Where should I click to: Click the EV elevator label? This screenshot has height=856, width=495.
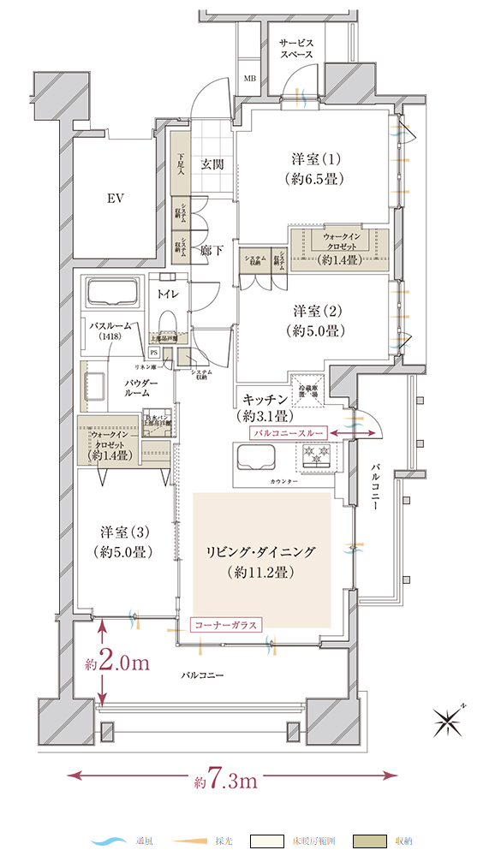[116, 199]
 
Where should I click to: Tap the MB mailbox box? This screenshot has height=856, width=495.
[250, 80]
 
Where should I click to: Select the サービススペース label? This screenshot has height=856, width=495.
[296, 48]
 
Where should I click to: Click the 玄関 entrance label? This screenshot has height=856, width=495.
[212, 164]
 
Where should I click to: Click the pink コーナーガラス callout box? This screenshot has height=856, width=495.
[224, 624]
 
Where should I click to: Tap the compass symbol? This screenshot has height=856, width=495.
[449, 723]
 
